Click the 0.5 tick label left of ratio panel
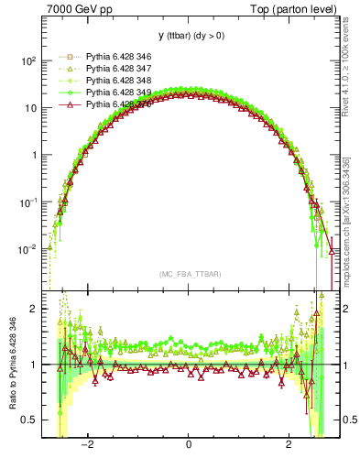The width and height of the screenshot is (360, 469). coord(29,420)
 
